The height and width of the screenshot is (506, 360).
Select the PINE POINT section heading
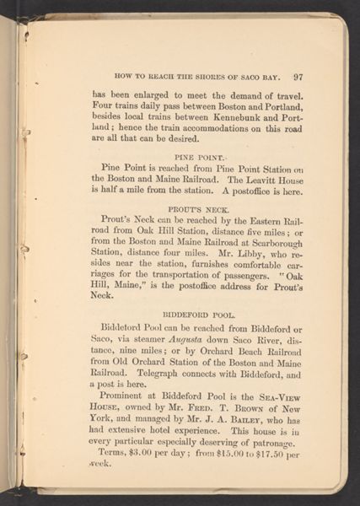(x=197, y=157)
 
